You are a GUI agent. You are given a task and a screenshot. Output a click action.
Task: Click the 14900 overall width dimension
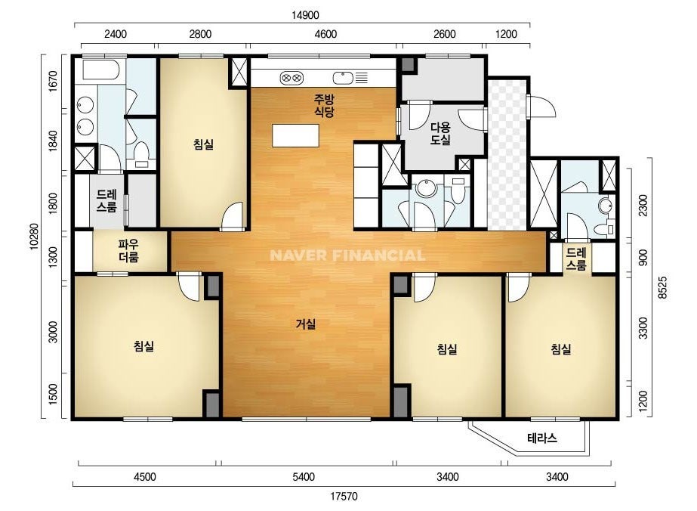(305, 15)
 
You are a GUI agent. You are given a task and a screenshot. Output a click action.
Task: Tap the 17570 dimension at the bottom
(344, 497)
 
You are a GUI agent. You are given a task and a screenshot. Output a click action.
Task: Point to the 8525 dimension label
(663, 287)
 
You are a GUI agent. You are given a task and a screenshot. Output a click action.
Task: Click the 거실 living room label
(306, 324)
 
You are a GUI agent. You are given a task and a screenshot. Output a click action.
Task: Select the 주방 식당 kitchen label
(324, 105)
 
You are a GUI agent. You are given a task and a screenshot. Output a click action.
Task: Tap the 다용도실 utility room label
(440, 133)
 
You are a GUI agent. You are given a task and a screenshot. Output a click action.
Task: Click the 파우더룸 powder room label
(128, 250)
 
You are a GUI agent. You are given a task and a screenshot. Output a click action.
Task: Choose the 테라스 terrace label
(542, 438)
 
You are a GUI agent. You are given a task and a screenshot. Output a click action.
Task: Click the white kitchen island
(295, 136)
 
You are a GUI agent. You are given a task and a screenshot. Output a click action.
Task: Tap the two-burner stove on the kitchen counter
(291, 79)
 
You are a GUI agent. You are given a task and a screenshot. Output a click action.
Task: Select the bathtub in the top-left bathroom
(101, 70)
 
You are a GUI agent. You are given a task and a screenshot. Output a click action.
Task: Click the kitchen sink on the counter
(343, 79)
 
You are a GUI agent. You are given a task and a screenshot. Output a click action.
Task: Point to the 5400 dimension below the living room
(304, 477)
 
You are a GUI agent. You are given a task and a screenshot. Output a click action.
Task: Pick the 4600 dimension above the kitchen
(325, 34)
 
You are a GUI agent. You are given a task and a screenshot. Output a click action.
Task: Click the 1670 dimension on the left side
(54, 81)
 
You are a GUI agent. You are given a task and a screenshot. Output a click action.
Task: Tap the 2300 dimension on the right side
(643, 205)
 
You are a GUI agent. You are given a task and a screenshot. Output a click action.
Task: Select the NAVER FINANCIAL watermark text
(347, 255)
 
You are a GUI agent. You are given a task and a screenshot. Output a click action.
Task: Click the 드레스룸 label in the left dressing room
(106, 200)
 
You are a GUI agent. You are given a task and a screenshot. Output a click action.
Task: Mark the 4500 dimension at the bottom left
(145, 477)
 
